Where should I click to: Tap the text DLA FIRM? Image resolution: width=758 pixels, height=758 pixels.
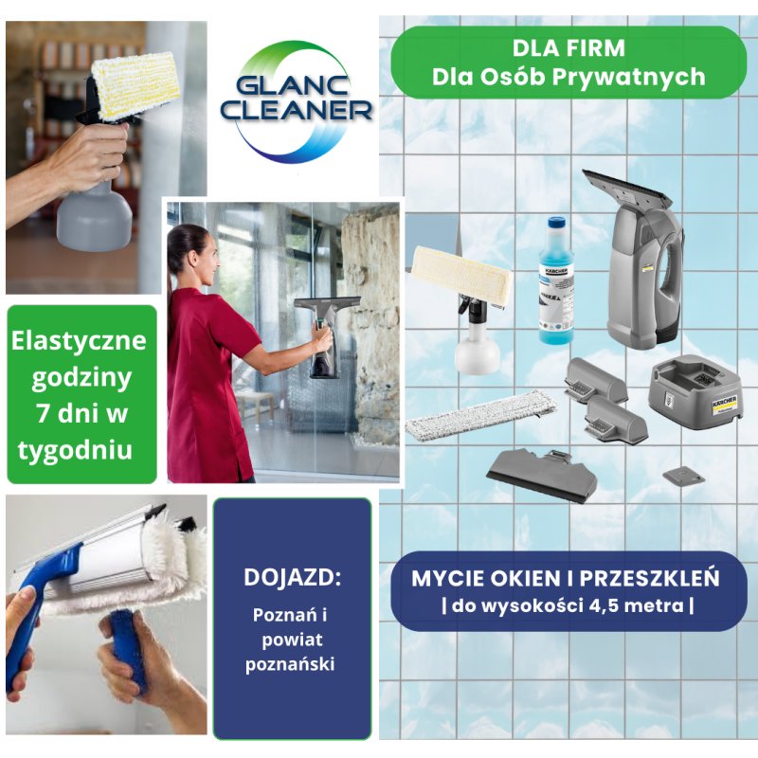click(568, 47)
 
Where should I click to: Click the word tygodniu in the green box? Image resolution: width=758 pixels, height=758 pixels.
click(81, 446)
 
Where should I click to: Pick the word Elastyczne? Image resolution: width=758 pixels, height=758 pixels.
click(81, 341)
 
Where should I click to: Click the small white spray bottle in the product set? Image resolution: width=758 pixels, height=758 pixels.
click(476, 346)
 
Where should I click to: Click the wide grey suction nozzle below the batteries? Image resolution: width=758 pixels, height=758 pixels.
click(544, 472)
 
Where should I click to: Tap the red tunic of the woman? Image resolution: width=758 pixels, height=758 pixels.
click(204, 379)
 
